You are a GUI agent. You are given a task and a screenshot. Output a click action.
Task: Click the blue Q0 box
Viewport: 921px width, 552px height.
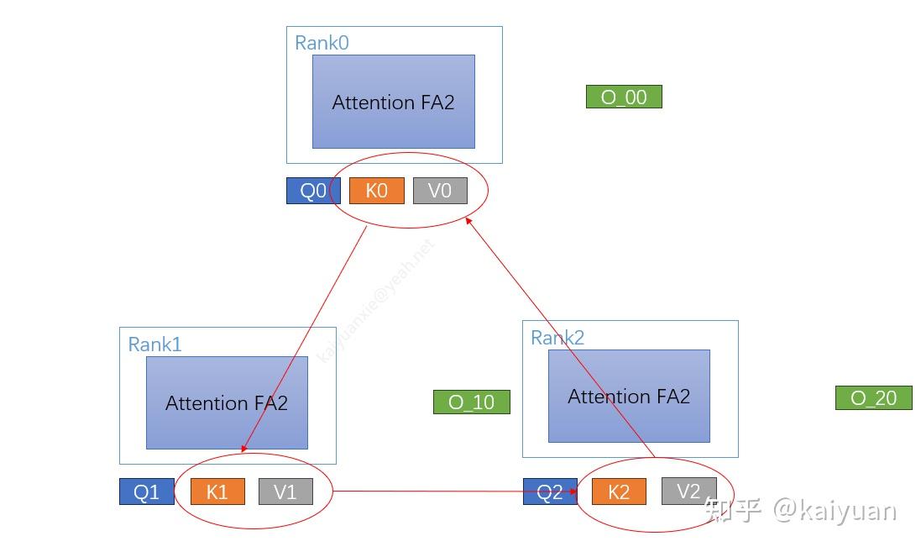(312, 192)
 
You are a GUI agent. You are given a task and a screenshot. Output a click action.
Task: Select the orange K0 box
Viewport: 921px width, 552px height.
(377, 191)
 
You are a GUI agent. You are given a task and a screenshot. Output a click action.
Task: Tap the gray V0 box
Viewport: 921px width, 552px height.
(440, 191)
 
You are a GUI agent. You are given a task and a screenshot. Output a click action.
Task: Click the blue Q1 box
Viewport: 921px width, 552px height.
(146, 492)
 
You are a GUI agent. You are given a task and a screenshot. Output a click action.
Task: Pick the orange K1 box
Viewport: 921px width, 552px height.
(217, 492)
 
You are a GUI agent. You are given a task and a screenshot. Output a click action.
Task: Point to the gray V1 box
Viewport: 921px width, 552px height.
(285, 492)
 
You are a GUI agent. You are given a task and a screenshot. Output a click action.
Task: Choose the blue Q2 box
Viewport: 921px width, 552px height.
(549, 492)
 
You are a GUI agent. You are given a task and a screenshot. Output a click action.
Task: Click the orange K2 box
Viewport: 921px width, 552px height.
(619, 492)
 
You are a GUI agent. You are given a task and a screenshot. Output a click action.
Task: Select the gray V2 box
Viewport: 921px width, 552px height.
(688, 491)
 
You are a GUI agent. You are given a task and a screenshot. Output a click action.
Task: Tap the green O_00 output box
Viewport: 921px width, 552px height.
(624, 97)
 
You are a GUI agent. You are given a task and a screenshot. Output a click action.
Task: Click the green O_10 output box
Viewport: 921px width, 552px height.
(471, 402)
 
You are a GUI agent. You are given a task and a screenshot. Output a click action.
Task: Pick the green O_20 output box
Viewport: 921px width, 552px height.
(873, 398)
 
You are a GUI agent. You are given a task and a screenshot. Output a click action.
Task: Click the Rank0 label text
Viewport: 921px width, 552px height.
(322, 43)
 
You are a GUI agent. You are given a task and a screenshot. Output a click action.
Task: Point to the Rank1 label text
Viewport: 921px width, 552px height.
(154, 344)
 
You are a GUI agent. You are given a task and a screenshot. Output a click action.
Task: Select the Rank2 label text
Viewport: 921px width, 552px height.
(557, 338)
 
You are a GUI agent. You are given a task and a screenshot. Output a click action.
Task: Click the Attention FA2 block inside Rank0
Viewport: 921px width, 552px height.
(393, 102)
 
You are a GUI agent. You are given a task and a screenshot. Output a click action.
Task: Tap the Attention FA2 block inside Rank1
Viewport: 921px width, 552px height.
(227, 402)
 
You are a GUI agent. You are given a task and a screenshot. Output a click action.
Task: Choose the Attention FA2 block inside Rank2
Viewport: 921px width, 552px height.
(629, 396)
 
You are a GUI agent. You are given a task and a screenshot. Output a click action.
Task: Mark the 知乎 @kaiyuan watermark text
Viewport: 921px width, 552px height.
(802, 510)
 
